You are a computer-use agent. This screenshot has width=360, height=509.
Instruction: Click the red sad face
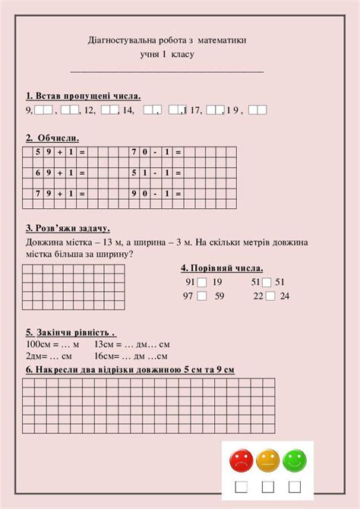point(242,460)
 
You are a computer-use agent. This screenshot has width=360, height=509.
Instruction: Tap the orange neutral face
point(268,460)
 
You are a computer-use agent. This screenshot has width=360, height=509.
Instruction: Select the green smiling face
point(294,460)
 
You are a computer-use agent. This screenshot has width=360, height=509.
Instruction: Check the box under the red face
point(241,486)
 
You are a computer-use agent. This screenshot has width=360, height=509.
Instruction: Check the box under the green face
point(294,486)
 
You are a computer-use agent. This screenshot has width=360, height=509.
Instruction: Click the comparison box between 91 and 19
point(201,283)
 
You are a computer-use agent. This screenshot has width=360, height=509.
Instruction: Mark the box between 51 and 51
point(268,283)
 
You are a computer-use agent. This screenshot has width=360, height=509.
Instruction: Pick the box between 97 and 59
point(201,296)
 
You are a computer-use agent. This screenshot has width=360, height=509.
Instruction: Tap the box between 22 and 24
point(269,296)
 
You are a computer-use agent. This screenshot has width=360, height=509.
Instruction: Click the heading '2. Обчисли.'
point(52,138)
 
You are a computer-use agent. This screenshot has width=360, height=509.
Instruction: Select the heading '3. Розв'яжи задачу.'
point(68,228)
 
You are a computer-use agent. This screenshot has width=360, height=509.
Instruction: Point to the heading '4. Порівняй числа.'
point(222,268)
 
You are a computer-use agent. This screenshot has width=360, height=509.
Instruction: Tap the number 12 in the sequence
point(90,111)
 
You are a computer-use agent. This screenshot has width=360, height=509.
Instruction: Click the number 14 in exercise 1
point(128,111)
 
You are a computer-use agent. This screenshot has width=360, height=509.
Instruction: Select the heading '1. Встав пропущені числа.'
point(83,96)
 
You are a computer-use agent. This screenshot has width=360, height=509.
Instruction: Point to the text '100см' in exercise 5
point(39,344)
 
